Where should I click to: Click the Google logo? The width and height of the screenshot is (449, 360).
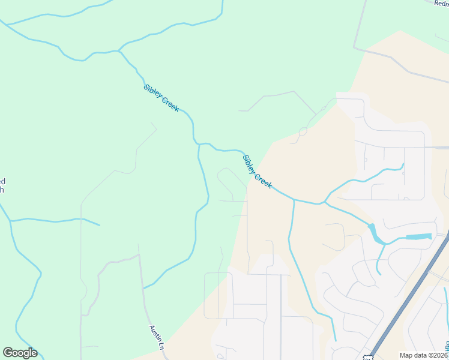click(20, 353)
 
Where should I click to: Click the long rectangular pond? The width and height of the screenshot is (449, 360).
click(418, 236)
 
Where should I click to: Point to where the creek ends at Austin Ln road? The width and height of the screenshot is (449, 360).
click(143, 289)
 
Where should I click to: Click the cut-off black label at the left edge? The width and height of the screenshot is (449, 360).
click(2, 185)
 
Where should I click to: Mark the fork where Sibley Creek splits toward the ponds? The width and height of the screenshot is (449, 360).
click(325, 202)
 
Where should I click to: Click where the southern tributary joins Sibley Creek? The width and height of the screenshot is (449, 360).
click(294, 200)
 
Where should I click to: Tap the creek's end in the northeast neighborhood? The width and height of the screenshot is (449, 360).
click(403, 164)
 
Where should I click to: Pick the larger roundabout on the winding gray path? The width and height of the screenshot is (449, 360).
click(303, 131)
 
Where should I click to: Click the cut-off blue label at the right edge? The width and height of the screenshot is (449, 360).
click(447, 346)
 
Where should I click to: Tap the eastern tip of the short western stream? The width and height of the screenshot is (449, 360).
click(100, 225)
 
